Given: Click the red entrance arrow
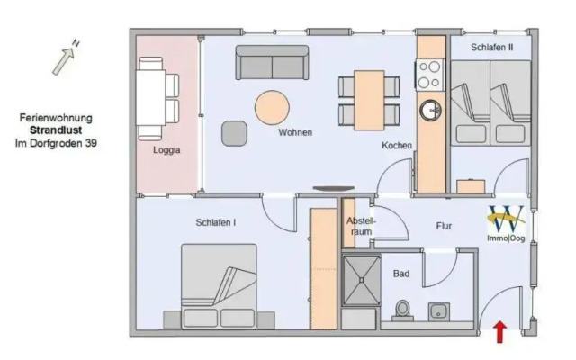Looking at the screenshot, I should click(499, 332).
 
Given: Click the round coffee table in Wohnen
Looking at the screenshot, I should click(272, 107).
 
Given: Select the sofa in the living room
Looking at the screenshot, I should click(272, 62).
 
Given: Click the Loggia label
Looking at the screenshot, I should click(166, 150).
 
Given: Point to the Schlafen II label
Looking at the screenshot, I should click(491, 47).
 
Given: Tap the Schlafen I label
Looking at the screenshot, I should click(215, 222).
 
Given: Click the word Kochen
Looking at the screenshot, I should click(397, 145).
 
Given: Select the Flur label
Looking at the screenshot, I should click(444, 227).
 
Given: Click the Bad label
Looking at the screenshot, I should click(401, 271).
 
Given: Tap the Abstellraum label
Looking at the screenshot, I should click(360, 225).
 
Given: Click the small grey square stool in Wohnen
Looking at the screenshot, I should click(234, 131).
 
